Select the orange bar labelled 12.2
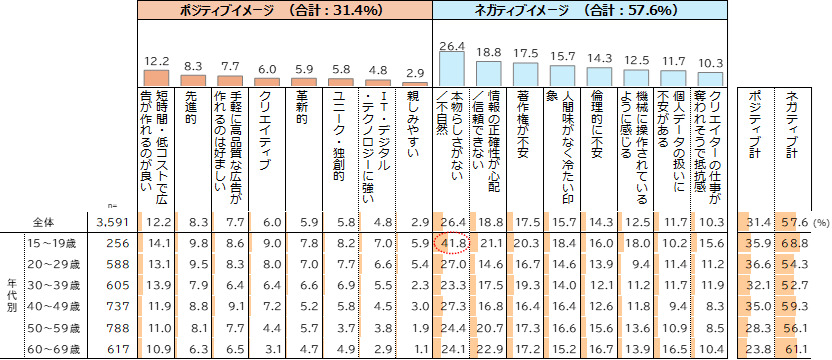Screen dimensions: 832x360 (157, 78)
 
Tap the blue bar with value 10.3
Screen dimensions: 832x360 (709, 79)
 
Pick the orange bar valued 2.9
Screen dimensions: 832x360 (415, 84)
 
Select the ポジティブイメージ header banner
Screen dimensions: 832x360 (285, 10)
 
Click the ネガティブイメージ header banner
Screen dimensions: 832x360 (580, 10)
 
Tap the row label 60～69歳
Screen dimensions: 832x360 (51, 349)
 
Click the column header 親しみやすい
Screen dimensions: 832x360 (415, 124)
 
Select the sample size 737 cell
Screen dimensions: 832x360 (117, 307)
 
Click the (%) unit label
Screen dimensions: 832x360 (819, 223)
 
